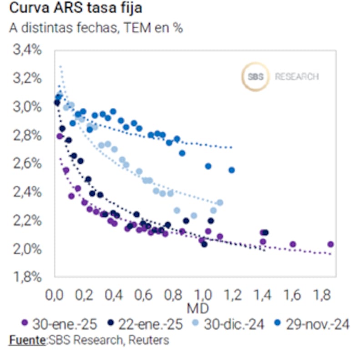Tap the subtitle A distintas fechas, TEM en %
[x=96, y=28]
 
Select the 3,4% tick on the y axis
[x=28, y=50]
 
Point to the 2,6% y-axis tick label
[x=28, y=163]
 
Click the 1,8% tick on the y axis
[x=28, y=277]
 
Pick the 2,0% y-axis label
[x=28, y=249]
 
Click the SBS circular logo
[x=255, y=76]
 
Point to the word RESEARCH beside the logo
[x=297, y=76]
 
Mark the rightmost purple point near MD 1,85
[x=330, y=244]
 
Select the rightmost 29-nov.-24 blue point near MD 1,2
[x=232, y=170]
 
